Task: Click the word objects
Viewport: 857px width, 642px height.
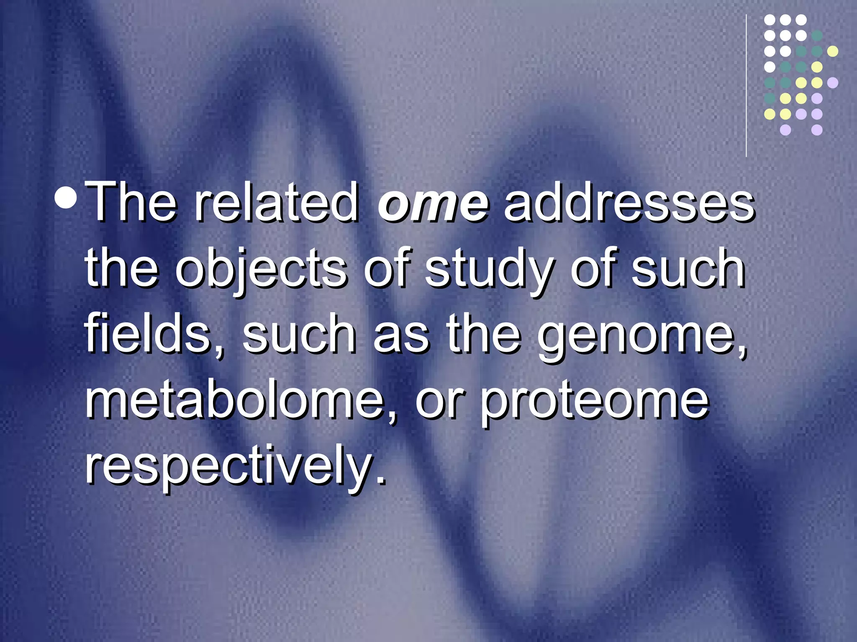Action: [261, 270]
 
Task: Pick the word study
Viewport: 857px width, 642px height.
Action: [488, 270]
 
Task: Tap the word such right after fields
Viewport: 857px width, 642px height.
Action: [299, 334]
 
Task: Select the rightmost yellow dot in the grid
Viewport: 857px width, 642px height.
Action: [833, 51]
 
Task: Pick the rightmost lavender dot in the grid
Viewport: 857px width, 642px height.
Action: [833, 83]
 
